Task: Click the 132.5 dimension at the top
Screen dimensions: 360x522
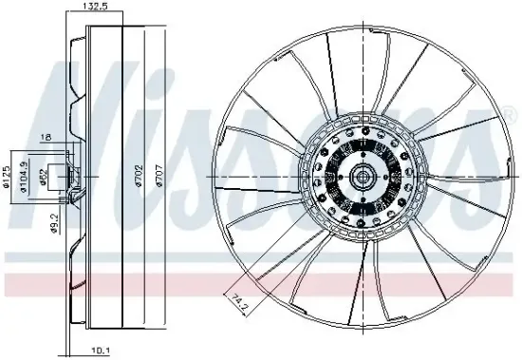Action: pyautogui.click(x=93, y=7)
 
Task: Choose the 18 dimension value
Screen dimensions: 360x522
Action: pyautogui.click(x=44, y=139)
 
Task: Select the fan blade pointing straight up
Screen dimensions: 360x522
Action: pyautogui.click(x=356, y=66)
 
